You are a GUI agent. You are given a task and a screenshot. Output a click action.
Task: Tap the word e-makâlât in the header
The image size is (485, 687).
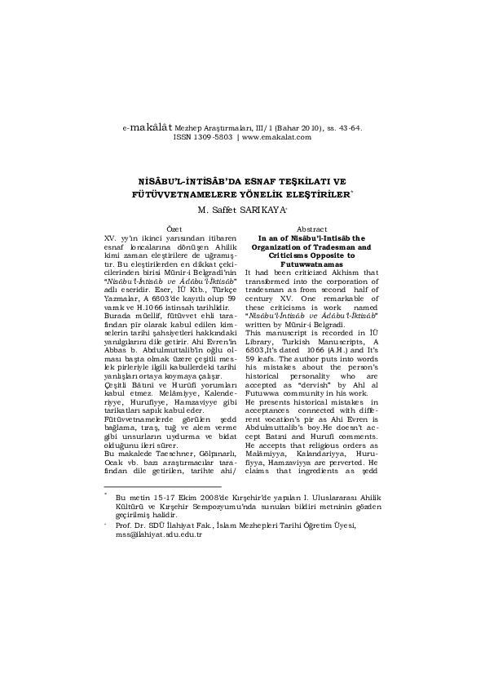pyautogui.click(x=146, y=128)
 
